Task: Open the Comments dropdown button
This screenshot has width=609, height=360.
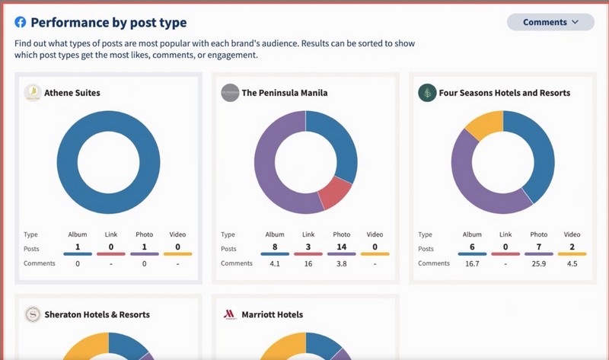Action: (550, 22)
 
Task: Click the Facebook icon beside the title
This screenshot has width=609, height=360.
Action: (21, 23)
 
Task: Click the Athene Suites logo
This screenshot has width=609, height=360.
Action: (33, 93)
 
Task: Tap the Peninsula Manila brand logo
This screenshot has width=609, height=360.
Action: (229, 93)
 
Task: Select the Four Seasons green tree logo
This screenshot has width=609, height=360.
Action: (427, 93)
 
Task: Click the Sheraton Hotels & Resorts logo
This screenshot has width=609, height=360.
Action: (33, 314)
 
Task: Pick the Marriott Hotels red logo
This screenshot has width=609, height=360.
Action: (229, 314)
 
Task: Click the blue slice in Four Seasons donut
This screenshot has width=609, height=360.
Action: (537, 156)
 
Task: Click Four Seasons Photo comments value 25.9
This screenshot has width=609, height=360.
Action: (539, 263)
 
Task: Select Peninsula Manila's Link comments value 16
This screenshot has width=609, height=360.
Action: (308, 263)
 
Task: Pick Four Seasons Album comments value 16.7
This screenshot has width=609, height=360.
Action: (472, 263)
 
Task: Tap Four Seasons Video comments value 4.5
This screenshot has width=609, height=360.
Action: (572, 263)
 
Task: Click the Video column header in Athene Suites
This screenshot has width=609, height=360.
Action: (177, 234)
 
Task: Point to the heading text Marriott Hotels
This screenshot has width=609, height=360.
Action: (272, 314)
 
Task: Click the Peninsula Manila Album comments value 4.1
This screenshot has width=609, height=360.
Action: (275, 263)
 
